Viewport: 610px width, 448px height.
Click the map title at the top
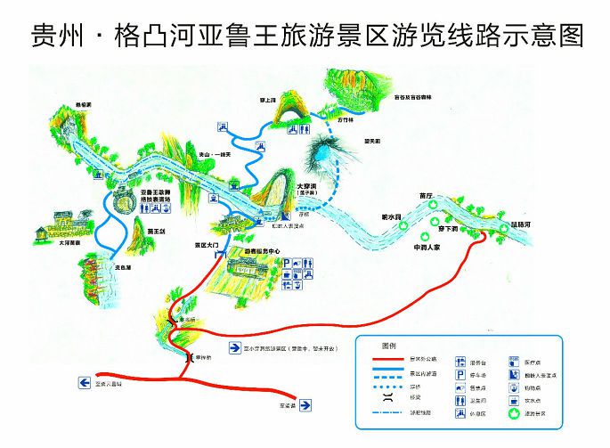[x=305, y=35]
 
